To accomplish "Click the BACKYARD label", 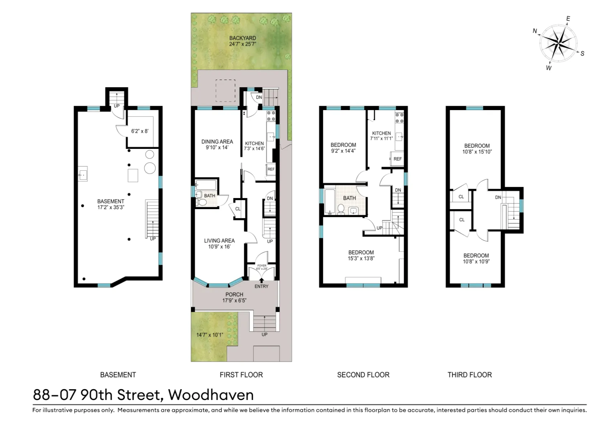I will (242, 38).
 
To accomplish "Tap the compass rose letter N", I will (535, 31).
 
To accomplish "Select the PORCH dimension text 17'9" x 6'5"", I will (234, 301).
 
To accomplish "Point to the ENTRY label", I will (261, 286).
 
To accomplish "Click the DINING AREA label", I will (217, 142).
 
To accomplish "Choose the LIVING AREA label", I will (219, 241).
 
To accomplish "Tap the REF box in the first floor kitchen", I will (271, 169).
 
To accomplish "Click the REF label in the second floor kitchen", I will (397, 159).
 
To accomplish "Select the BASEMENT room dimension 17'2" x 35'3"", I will (110, 207).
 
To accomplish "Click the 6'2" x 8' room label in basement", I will (139, 131).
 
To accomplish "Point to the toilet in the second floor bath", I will (341, 209).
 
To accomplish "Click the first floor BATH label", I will (210, 196).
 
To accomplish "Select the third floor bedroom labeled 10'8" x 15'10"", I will (477, 149).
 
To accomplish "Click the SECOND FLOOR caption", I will (363, 375).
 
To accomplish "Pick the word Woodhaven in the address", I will (211, 395).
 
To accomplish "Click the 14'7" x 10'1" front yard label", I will (210, 335).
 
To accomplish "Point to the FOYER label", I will (262, 266).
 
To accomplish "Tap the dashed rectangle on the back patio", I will (225, 90).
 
